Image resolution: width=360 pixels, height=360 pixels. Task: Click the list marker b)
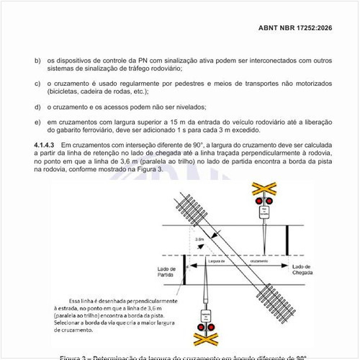37,61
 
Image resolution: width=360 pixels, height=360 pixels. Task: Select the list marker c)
37,84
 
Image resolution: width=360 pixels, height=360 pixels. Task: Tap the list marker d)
37,107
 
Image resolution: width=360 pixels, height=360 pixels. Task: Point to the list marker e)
37,122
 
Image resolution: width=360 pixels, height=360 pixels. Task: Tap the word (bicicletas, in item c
67,92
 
